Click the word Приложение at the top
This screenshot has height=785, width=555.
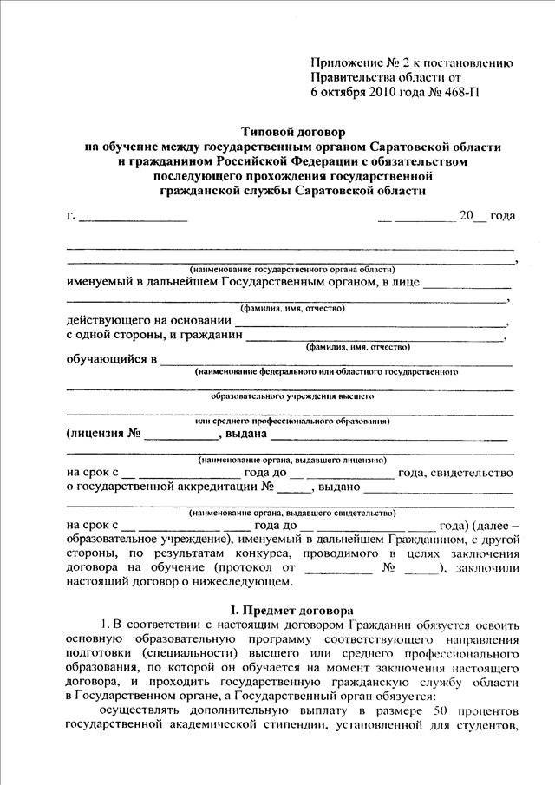point(345,62)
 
